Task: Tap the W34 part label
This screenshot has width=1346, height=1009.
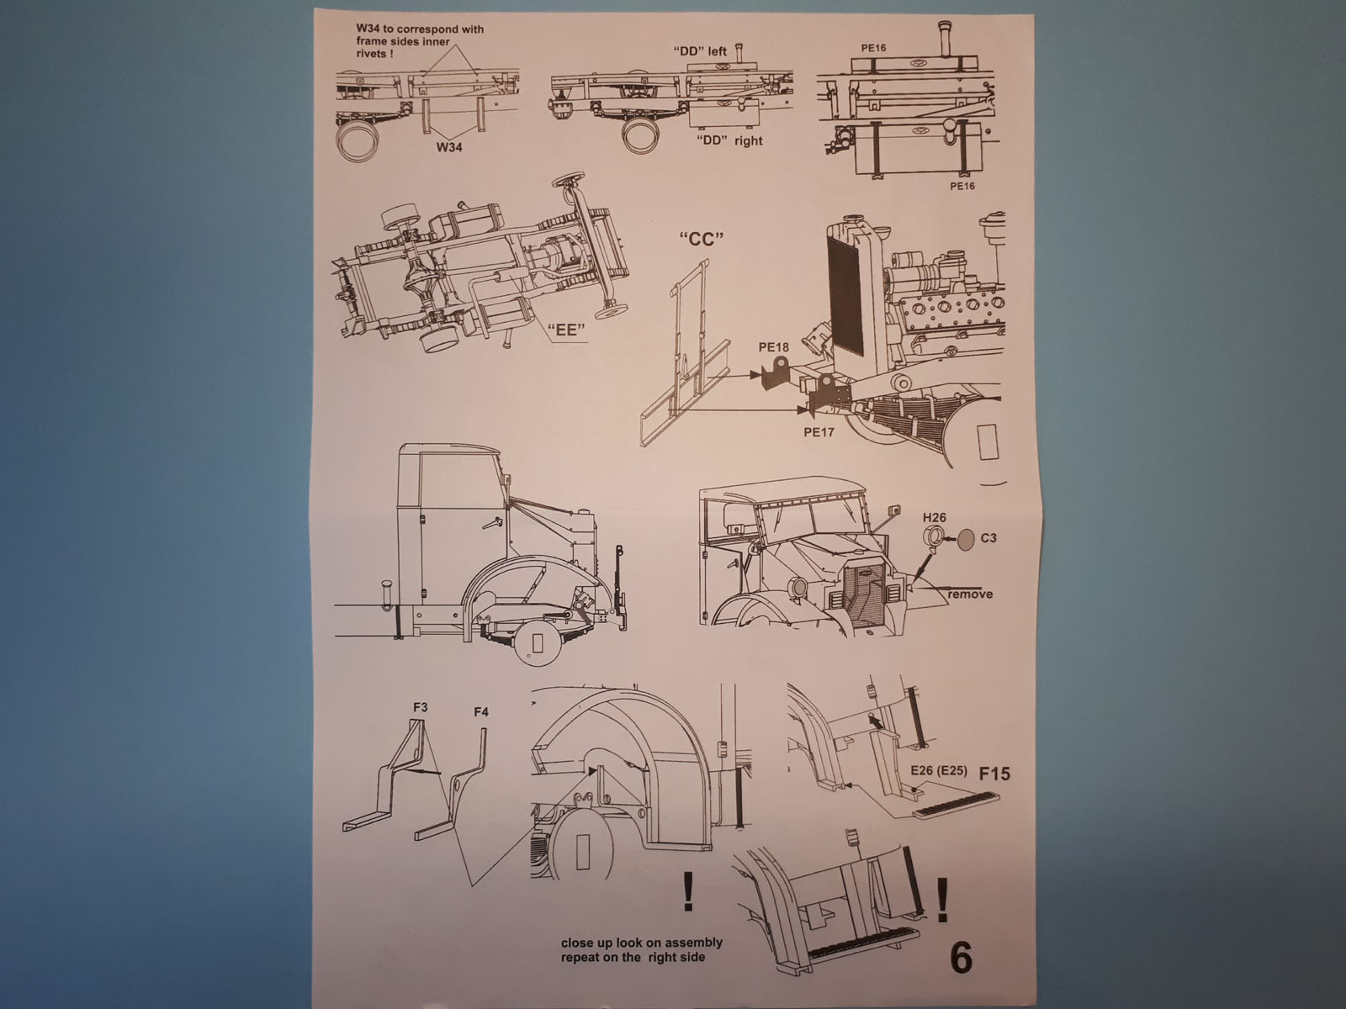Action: coord(452,147)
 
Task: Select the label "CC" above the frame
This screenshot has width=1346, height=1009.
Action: coord(701,239)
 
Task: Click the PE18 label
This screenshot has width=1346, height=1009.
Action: coord(774,346)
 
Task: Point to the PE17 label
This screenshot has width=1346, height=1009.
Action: coord(819,432)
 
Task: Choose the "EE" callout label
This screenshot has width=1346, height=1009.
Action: coord(565,330)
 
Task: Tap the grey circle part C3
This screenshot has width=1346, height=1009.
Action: coord(967,539)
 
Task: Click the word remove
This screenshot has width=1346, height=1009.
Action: coord(971,594)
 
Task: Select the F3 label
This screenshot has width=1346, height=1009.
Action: coord(421,707)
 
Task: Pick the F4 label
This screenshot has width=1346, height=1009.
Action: coord(481,712)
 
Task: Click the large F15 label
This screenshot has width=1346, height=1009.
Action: coord(994,773)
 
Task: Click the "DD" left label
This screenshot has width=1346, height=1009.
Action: coord(700,50)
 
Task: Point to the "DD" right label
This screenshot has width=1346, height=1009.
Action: coord(730,140)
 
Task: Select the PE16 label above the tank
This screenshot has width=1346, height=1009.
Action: coord(874,48)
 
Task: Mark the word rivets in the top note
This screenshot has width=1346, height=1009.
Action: coord(372,53)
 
